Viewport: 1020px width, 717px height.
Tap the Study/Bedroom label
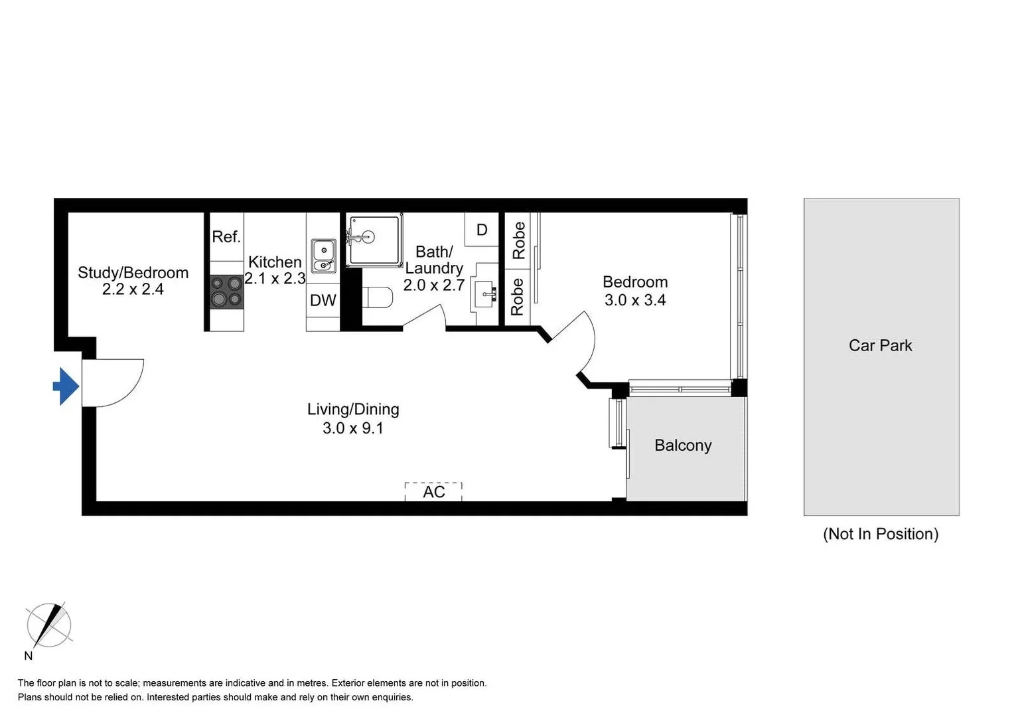coord(133,273)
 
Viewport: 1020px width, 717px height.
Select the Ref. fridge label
coord(226,237)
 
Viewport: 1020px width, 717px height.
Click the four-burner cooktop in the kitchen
coord(226,292)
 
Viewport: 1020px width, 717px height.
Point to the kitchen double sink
coord(324,256)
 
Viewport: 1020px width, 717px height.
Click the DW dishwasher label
coord(323,300)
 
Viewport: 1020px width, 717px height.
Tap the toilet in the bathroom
coord(378,297)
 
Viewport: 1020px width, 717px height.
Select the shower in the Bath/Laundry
coord(374,239)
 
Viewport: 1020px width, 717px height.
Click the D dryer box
coord(482,230)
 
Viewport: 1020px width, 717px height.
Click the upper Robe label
coord(518,240)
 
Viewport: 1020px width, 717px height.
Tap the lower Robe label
coord(518,297)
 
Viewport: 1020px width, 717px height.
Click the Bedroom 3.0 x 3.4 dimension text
coord(635,300)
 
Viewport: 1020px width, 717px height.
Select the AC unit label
coord(434,492)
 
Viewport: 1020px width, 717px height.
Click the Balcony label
coord(683,445)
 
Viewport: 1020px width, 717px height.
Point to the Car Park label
coord(880,346)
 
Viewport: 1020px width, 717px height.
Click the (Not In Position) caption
coord(880,534)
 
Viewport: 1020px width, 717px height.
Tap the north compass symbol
coord(48,625)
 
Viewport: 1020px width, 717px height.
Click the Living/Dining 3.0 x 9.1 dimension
coord(353,428)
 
